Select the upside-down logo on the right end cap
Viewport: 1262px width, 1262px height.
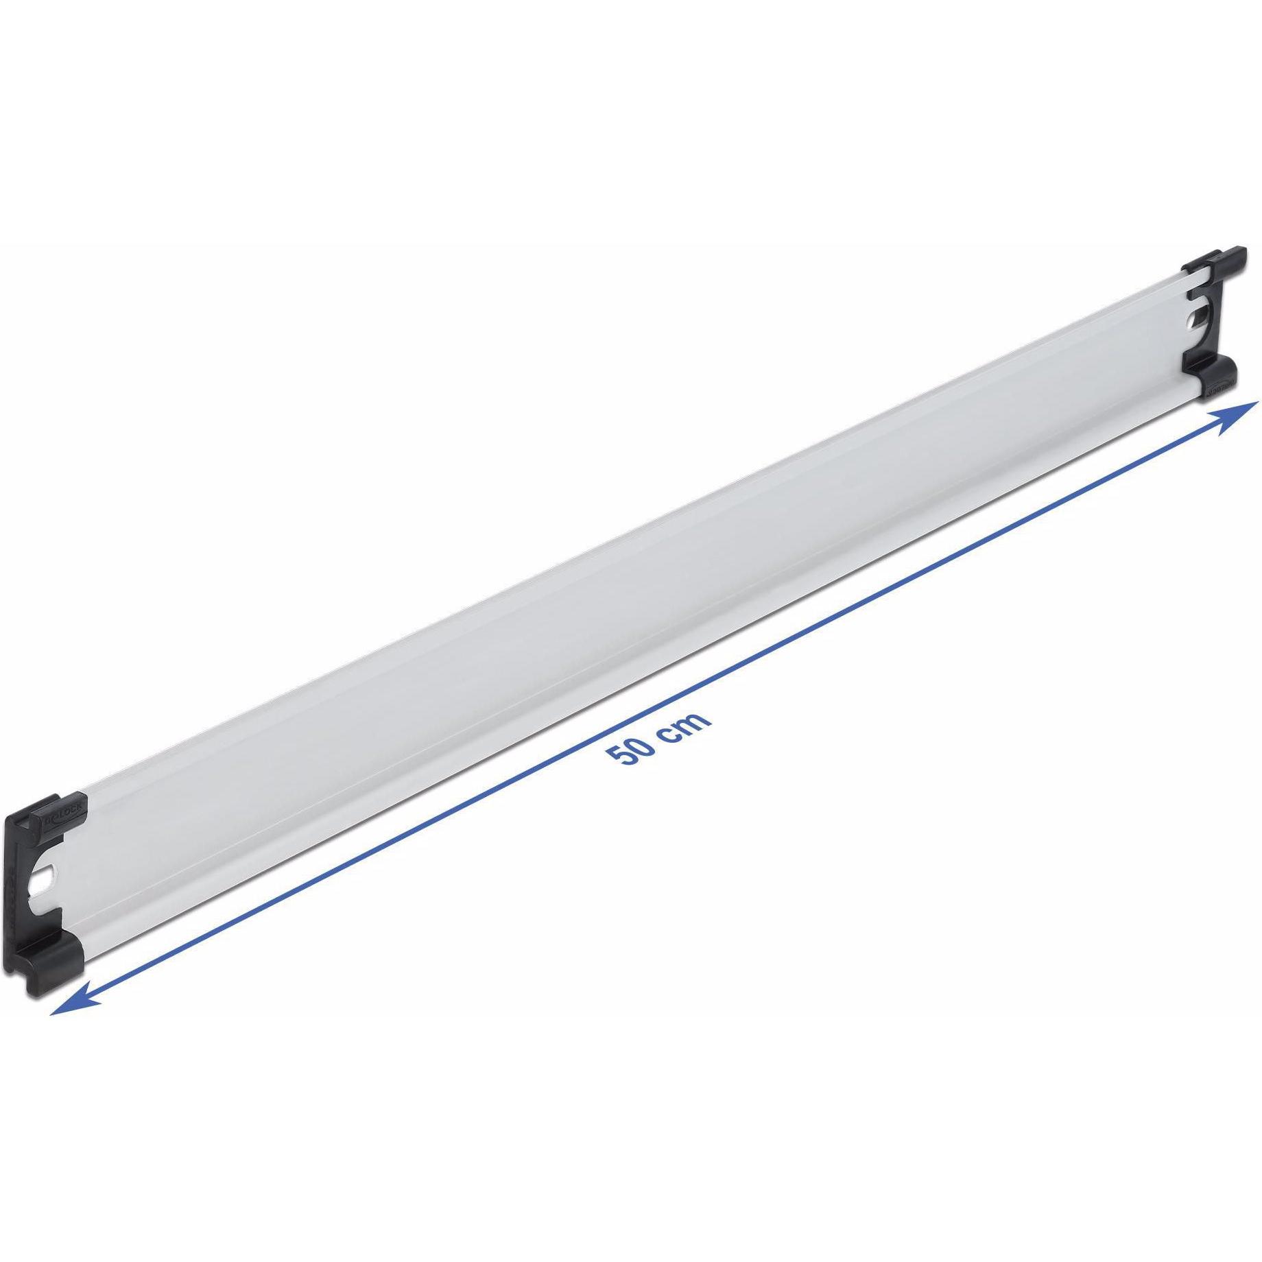click(x=1220, y=387)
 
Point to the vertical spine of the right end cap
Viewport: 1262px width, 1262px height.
click(x=1217, y=320)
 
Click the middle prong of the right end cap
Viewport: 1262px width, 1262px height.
click(x=1196, y=295)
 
